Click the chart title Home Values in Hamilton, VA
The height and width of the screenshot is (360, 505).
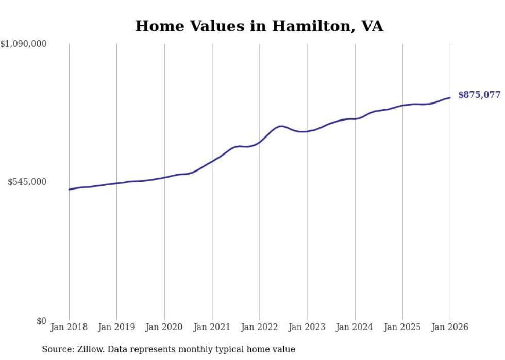coord(259,26)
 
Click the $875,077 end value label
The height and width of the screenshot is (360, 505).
coord(479,95)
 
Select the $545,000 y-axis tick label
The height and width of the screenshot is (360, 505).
coord(27,182)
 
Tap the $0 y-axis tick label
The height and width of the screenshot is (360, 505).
coord(41,321)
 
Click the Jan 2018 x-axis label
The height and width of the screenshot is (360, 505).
coord(69,327)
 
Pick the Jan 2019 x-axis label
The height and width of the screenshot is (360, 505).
coord(116,327)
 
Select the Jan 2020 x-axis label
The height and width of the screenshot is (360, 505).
coord(164,327)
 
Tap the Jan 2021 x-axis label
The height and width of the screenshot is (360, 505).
coord(212,327)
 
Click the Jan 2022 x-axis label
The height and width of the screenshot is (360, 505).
coord(260,327)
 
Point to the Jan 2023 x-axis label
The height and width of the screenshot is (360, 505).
coord(307,327)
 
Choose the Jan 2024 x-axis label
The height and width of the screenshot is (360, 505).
coord(355,327)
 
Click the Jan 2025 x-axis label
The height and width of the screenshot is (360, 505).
coord(402,327)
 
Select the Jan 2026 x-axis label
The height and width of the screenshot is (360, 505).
coord(450,327)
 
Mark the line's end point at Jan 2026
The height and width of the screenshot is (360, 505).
coord(450,98)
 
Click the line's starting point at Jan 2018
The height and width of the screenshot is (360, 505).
coord(69,190)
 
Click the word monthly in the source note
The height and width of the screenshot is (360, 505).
coord(212,350)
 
